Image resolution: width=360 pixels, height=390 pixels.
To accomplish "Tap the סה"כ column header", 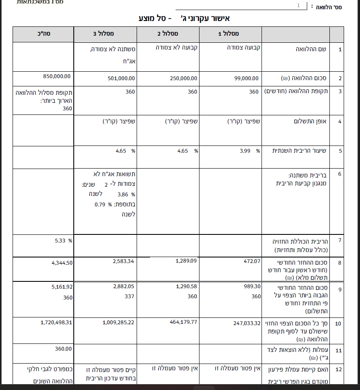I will coord(44,34).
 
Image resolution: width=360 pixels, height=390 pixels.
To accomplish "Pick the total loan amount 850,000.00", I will coord(57,76).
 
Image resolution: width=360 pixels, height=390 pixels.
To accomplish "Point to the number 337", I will coord(129,296).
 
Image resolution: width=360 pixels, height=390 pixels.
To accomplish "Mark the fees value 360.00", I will coord(63,348).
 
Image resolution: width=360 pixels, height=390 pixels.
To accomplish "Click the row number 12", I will coord(339,369).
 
